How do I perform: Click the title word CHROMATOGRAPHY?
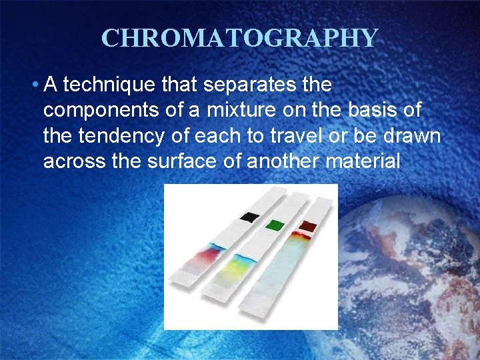(x=239, y=38)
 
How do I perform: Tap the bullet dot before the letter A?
(x=33, y=86)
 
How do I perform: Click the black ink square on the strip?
(x=249, y=217)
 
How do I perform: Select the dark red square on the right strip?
(x=308, y=225)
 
